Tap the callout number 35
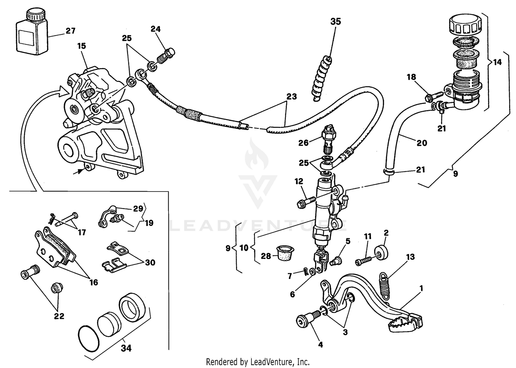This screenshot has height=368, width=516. tap(335, 21)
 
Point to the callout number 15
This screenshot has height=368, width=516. tap(82, 46)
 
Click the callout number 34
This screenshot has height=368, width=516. tap(126, 348)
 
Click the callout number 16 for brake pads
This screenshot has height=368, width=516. tap(94, 282)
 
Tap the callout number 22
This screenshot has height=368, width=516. tap(59, 316)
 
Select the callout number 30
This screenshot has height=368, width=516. tap(150, 262)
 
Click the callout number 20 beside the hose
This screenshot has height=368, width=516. tap(422, 143)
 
